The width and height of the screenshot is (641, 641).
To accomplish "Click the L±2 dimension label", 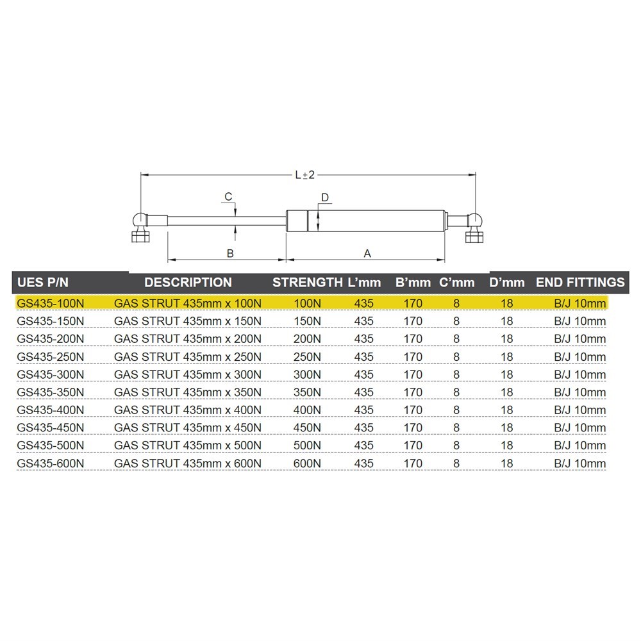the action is click(305, 176).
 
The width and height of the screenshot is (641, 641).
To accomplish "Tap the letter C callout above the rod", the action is click(229, 197).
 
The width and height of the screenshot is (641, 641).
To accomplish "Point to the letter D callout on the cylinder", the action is click(325, 197).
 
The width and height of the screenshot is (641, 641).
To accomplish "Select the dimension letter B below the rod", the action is click(230, 253).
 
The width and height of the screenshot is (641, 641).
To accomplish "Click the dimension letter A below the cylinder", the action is click(367, 253).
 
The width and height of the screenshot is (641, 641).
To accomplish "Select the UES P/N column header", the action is click(42, 283).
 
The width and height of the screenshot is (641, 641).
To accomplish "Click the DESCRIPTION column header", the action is click(188, 283).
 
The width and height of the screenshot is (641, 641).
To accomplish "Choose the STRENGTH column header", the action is click(308, 283).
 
